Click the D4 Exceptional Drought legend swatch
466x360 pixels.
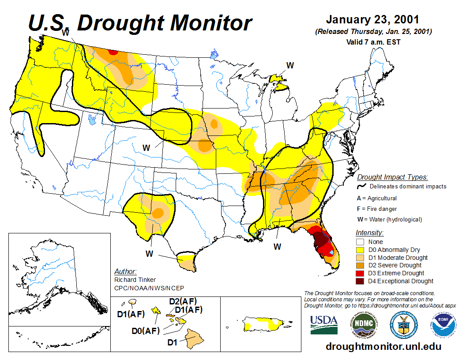click(x=360, y=281)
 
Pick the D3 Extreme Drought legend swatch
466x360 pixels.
click(x=360, y=273)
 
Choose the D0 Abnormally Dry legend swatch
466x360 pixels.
click(x=360, y=250)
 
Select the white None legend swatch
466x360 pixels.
click(x=360, y=242)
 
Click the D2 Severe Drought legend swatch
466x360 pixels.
click(x=360, y=265)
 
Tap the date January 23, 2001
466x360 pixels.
click(x=372, y=20)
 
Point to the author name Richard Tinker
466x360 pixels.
click(x=135, y=280)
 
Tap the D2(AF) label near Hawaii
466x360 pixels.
click(x=183, y=302)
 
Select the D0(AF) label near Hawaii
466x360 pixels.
click(x=145, y=330)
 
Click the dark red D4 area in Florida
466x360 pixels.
click(x=321, y=241)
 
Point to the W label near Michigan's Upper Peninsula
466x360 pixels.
click(x=290, y=66)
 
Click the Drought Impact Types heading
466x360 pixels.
click(x=392, y=177)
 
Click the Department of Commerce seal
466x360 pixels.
click(x=402, y=324)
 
